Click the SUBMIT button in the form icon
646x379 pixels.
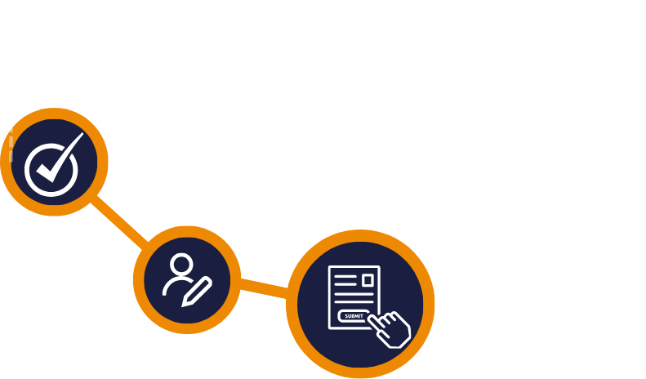pyautogui.click(x=354, y=315)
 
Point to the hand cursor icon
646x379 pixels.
pyautogui.click(x=385, y=325)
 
